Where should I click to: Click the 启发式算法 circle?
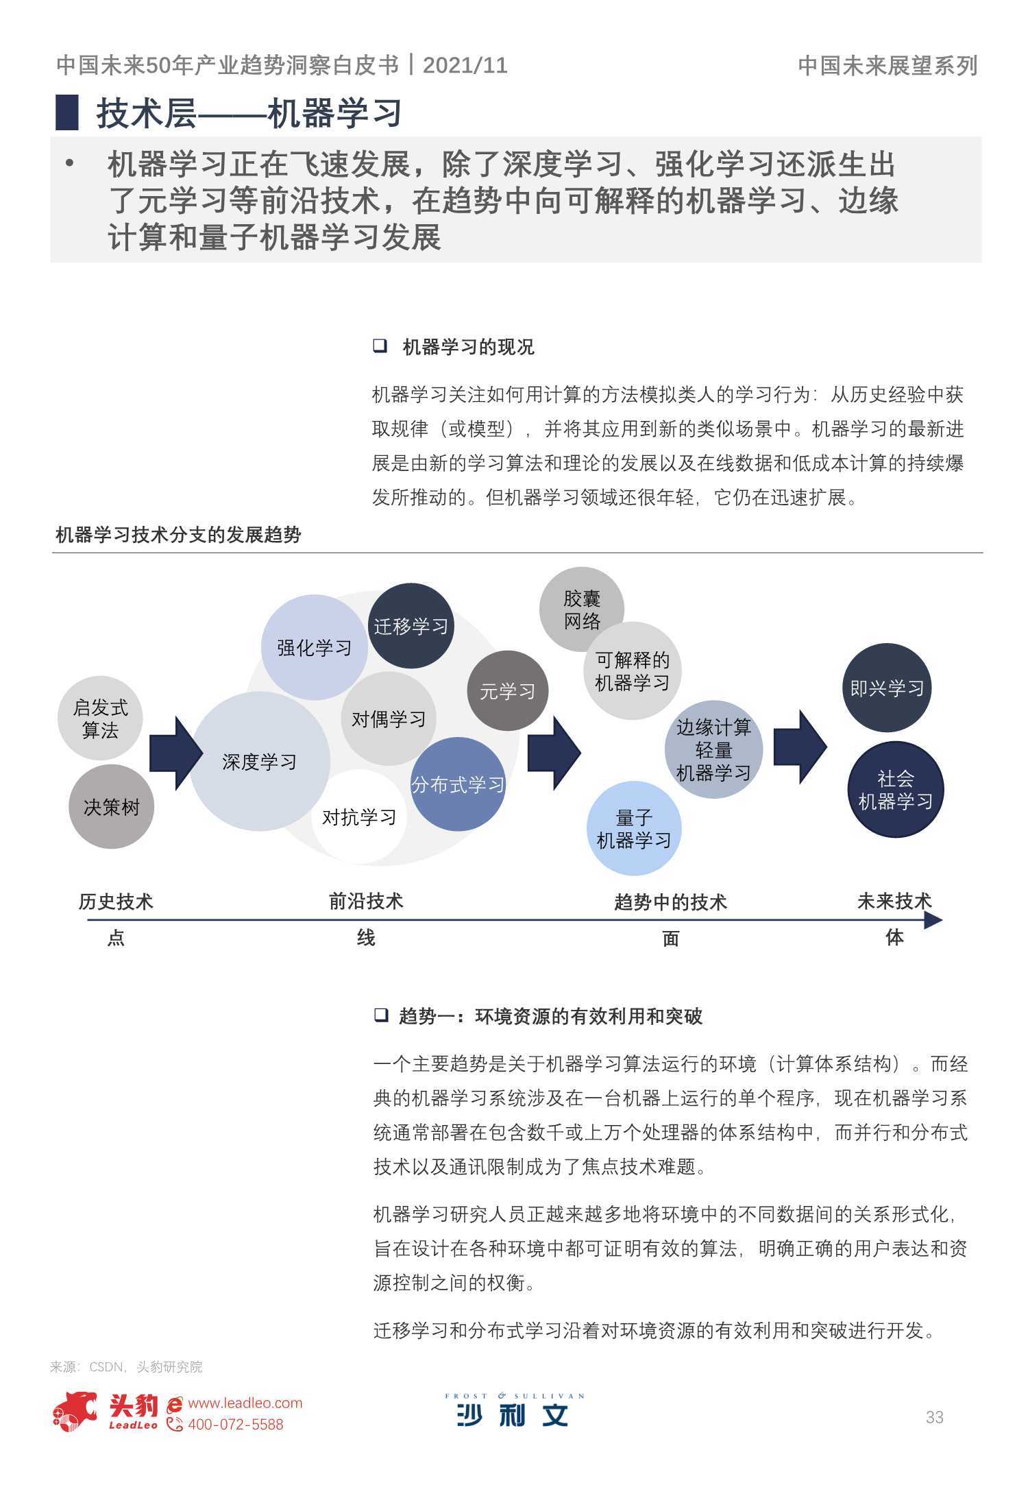(101, 719)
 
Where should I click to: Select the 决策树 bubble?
(111, 807)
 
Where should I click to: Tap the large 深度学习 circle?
(259, 762)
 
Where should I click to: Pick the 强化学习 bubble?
(314, 647)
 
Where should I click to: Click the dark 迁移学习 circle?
(411, 626)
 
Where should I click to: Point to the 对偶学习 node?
(389, 719)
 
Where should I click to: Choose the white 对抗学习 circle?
(359, 817)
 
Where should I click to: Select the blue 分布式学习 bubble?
(458, 784)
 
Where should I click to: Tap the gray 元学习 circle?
(508, 691)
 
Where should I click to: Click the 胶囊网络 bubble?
(582, 609)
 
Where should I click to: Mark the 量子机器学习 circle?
(634, 829)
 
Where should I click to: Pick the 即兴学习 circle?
(887, 688)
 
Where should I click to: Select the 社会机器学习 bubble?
(896, 790)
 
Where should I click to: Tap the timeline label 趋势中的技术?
(670, 902)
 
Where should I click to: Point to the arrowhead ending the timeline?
(933, 920)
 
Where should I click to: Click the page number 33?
(935, 1417)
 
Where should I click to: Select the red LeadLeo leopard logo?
(75, 1412)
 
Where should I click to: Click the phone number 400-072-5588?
(235, 1425)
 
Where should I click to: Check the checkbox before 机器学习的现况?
(380, 346)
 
